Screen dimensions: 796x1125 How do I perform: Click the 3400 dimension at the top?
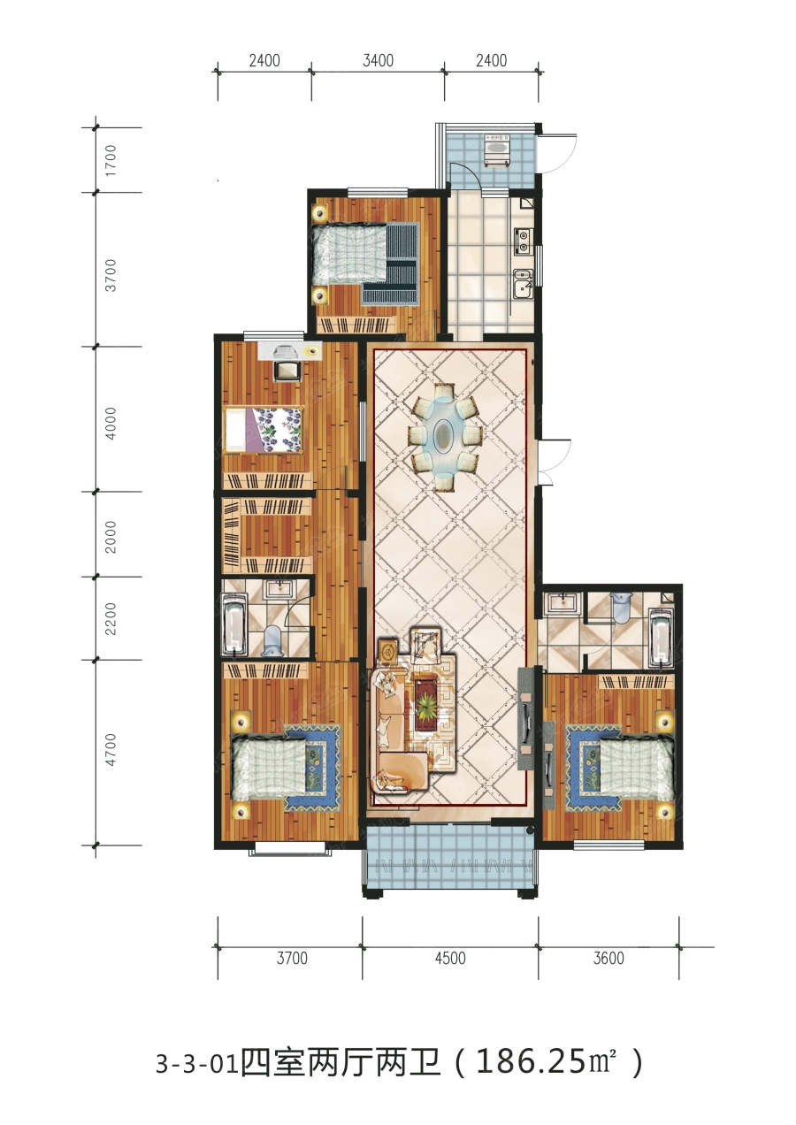(379, 61)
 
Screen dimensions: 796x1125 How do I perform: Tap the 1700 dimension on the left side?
(111, 160)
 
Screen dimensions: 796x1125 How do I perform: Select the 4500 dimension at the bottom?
(450, 958)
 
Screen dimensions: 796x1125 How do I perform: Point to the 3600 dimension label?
(608, 958)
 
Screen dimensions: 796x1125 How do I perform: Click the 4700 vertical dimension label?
(111, 750)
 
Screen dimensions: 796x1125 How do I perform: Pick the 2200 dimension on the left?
(111, 619)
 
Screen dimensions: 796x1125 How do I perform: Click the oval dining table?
(443, 434)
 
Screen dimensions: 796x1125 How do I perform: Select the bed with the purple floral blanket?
(264, 430)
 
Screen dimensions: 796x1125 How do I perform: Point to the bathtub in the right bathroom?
(661, 638)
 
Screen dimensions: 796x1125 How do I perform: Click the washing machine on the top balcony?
(496, 149)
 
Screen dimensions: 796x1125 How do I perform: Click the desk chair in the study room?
(287, 368)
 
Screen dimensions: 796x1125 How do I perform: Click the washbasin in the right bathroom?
(563, 603)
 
